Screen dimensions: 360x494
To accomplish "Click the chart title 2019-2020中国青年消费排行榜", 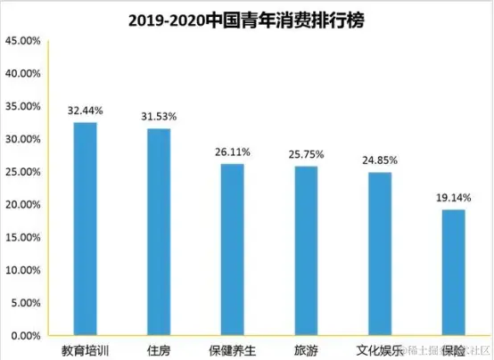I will [x=247, y=20].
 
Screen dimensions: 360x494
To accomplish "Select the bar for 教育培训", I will [x=86, y=228].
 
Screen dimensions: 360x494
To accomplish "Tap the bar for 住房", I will [x=159, y=232].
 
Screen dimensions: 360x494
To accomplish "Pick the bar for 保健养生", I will [x=233, y=250].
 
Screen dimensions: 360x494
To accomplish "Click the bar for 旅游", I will [x=307, y=250].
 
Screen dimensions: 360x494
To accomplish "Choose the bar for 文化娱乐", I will [x=380, y=253].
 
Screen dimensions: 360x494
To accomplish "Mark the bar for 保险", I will [x=453, y=272].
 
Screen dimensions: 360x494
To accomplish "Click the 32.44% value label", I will [x=86, y=111].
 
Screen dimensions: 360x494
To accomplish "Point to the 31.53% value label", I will [x=159, y=118].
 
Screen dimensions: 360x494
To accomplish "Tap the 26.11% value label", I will [x=233, y=152].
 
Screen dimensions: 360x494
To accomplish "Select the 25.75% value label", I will [x=307, y=155].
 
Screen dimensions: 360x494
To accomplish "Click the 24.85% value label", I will [x=380, y=160].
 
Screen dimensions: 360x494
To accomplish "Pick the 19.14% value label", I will [x=453, y=198].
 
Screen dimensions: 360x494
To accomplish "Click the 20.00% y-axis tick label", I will [x=21, y=205].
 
